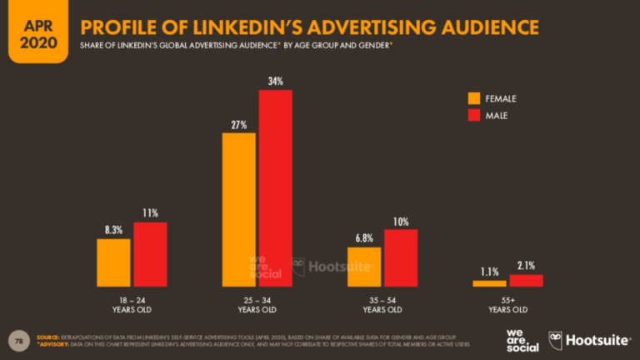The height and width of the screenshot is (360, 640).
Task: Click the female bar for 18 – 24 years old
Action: [x=113, y=262]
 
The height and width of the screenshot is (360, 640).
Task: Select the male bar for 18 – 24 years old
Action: [x=150, y=254]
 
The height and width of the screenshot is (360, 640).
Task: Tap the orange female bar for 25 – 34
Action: [x=238, y=209]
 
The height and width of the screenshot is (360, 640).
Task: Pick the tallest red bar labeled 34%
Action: [x=275, y=187]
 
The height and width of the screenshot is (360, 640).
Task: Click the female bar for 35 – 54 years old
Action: [x=364, y=267]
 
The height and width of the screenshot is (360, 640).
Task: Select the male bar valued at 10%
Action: [x=401, y=257]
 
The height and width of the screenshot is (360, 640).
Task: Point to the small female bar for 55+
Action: [x=489, y=283]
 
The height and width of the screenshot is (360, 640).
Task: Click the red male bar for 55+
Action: [x=526, y=281]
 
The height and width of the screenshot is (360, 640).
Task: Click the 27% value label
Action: [x=238, y=124]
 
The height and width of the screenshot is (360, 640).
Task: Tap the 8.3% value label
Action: [x=113, y=230]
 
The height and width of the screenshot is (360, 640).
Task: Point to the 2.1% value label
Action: [x=527, y=266]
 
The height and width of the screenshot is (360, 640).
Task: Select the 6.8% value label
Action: [x=364, y=238]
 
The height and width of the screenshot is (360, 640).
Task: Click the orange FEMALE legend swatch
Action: [x=473, y=98]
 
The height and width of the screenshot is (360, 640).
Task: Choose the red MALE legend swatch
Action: [x=473, y=115]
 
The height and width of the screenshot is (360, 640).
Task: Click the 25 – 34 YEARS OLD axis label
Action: [x=257, y=303]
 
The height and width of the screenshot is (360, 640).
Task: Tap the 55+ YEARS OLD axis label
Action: [x=507, y=303]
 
